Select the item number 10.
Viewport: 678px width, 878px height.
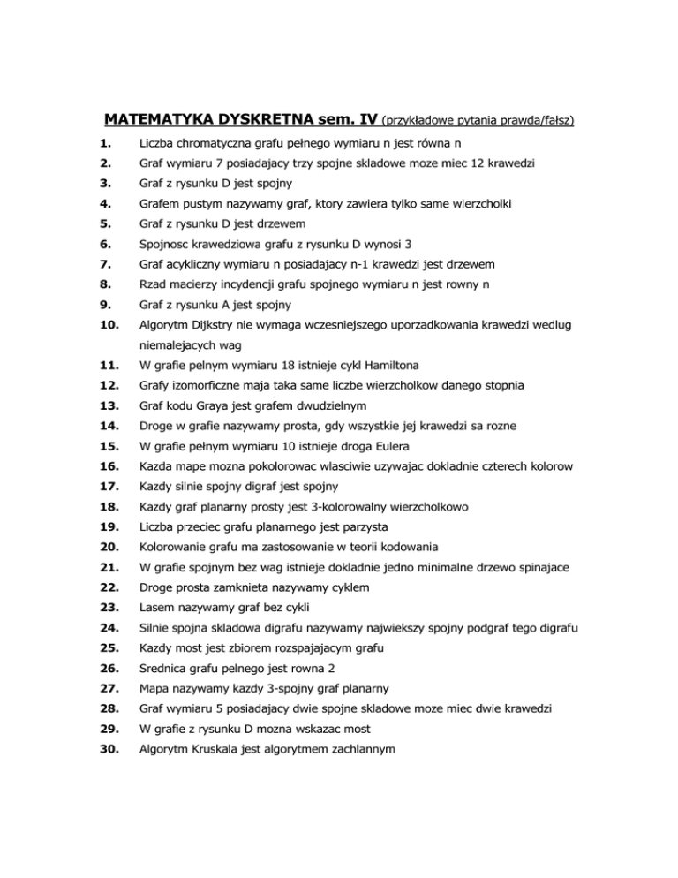(109, 326)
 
